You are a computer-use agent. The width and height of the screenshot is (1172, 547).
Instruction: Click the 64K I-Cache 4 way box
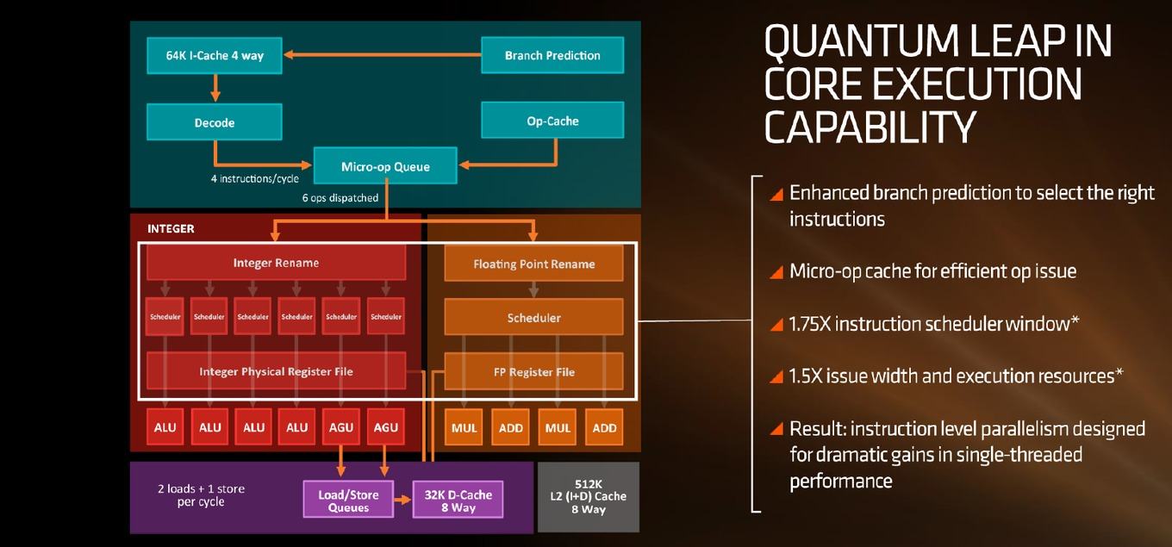215,55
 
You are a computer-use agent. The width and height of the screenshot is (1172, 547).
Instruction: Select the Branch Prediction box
552,55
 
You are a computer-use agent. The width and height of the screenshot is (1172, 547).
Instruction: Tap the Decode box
215,121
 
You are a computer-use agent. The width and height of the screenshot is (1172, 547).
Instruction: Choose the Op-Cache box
552,121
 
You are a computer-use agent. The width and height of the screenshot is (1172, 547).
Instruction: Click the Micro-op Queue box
385,165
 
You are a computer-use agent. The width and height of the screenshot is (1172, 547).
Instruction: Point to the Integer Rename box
277,263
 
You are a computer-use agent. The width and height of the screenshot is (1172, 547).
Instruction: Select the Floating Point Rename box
533,264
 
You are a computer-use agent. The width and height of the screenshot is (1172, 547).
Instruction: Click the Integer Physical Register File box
277,370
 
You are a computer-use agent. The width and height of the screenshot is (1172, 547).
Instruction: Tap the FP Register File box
533,372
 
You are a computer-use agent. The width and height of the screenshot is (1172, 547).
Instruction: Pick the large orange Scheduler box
533,317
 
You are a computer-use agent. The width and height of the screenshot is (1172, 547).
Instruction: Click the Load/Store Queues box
348,500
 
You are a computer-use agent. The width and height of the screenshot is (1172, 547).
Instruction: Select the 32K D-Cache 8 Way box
458,500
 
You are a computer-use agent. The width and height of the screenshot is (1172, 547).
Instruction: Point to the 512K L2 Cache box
589,497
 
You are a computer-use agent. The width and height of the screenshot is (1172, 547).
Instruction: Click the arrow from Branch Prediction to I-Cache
383,54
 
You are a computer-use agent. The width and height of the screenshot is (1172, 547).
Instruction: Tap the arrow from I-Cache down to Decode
215,88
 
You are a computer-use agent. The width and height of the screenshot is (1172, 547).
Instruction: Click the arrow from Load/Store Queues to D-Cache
402,500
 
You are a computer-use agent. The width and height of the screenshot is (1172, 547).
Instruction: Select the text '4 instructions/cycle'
255,179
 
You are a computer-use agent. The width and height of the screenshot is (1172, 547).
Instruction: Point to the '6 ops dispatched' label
340,197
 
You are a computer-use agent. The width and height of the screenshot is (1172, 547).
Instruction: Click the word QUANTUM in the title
862,42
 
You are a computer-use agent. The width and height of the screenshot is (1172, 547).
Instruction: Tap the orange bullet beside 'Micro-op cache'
776,272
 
